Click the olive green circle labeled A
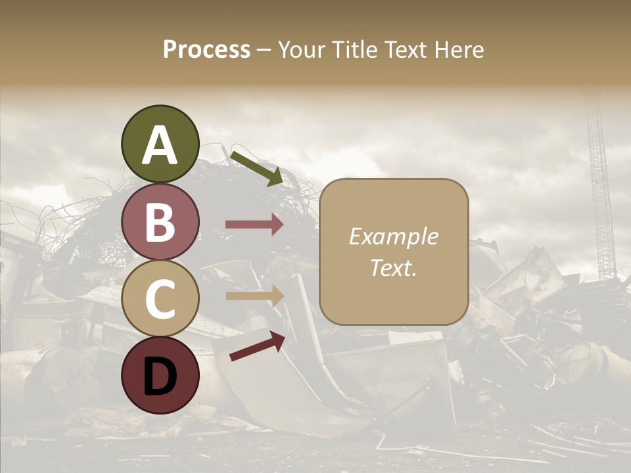click(160, 144)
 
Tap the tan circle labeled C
click(160, 298)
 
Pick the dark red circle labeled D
click(160, 375)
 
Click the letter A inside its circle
click(160, 145)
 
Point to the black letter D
click(160, 376)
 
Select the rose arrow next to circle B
click(254, 225)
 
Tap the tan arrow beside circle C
click(254, 296)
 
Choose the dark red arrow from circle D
click(256, 346)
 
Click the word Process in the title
click(206, 49)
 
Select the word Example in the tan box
click(393, 236)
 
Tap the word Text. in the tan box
click(393, 268)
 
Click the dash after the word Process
click(264, 51)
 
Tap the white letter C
click(160, 300)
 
